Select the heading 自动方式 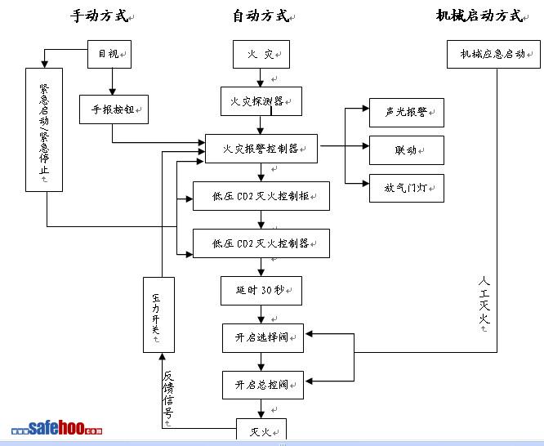click(x=261, y=16)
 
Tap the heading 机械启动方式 click(x=478, y=16)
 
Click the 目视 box click(x=109, y=54)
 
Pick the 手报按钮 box click(x=114, y=109)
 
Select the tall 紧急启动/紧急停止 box click(x=44, y=129)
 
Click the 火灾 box click(x=261, y=55)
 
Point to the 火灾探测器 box click(x=261, y=101)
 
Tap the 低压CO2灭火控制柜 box click(x=261, y=196)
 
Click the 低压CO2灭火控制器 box click(x=261, y=243)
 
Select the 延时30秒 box click(x=261, y=290)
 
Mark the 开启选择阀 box click(x=262, y=337)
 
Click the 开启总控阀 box click(x=262, y=385)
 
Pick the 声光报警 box click(x=406, y=113)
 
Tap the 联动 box click(x=406, y=150)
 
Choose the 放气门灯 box click(x=406, y=187)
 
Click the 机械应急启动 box click(x=492, y=54)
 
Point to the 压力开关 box click(x=158, y=314)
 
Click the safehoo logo click(x=57, y=428)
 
